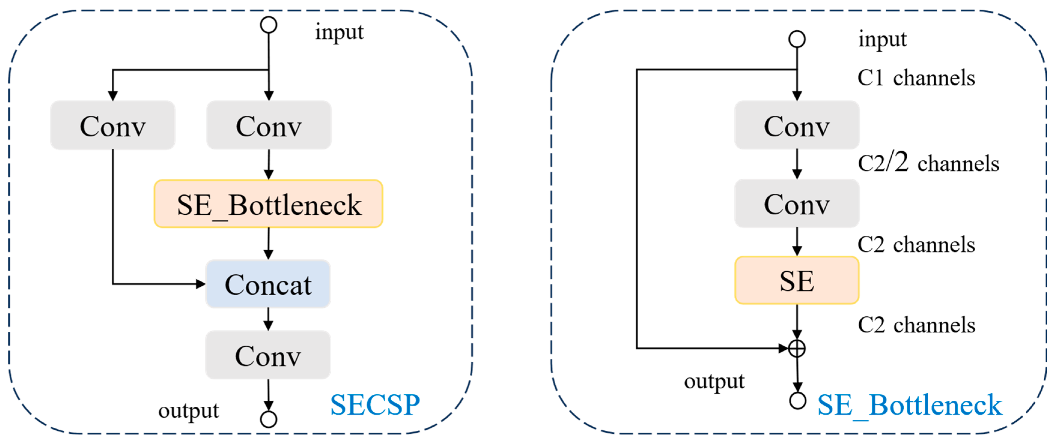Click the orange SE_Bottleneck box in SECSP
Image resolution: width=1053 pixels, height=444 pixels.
pos(268,204)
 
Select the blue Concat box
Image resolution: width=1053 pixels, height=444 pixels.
pos(268,284)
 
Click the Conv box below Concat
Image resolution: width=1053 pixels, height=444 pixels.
pos(268,355)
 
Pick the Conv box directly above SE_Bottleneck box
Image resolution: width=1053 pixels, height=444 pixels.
pos(269,125)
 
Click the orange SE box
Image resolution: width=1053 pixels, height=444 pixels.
pos(797,280)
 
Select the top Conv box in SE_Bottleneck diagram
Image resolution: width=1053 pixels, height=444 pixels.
pos(797,125)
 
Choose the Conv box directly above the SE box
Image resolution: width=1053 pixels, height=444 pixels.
pos(797,203)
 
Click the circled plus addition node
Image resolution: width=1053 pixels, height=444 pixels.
pos(797,348)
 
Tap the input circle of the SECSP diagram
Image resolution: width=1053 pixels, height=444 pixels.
pos(269,25)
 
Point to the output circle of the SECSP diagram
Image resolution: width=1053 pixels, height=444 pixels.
pos(269,419)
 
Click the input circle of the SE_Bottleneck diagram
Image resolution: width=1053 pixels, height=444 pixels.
pos(797,39)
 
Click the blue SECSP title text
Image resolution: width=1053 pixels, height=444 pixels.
pos(375,405)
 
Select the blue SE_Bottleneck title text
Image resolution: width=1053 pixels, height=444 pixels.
pos(909,405)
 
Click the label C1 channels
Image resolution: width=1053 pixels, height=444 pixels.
pos(916,78)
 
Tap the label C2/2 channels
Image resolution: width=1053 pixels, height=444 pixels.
pos(928,163)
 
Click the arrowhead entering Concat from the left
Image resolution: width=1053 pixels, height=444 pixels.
pos(200,284)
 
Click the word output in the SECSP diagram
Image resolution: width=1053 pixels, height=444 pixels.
pos(188,410)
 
